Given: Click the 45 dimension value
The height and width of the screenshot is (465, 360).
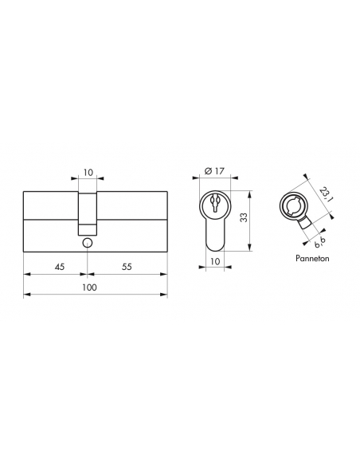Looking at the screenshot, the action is (x=60, y=267).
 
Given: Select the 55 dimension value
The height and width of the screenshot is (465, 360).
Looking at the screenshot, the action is (x=127, y=267).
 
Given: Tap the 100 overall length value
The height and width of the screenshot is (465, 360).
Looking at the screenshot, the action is (x=89, y=287).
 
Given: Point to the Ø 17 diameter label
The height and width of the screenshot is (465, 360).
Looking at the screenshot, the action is (x=215, y=171).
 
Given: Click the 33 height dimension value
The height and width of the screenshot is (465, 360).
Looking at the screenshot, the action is (x=244, y=217).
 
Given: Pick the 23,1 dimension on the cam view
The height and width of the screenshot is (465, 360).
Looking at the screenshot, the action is (x=325, y=194).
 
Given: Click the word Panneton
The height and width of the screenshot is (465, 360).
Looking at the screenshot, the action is (x=312, y=258).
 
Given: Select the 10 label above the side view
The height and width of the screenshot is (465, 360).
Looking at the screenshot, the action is (x=88, y=172).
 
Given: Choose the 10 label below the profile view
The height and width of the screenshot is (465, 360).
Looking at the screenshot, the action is (x=215, y=261).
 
